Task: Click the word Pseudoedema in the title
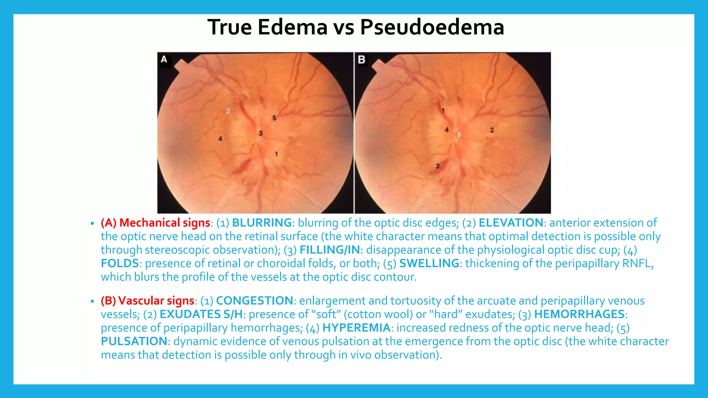tap(432, 27)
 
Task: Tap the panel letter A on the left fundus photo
tap(164, 59)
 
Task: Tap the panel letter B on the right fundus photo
tap(362, 60)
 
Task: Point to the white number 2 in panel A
tap(228, 111)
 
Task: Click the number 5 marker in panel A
tap(274, 118)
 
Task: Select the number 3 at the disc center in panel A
tap(261, 133)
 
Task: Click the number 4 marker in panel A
tap(220, 139)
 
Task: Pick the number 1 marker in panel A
tap(276, 154)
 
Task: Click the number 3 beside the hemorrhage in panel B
tap(437, 166)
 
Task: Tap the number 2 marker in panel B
tap(492, 130)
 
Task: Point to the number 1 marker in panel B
tap(443, 111)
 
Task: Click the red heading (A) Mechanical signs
tap(156, 223)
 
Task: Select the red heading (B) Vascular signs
tap(148, 301)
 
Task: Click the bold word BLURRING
tap(262, 223)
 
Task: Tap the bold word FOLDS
tap(120, 263)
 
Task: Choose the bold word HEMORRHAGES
tap(579, 314)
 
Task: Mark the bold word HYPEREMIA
tap(356, 328)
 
